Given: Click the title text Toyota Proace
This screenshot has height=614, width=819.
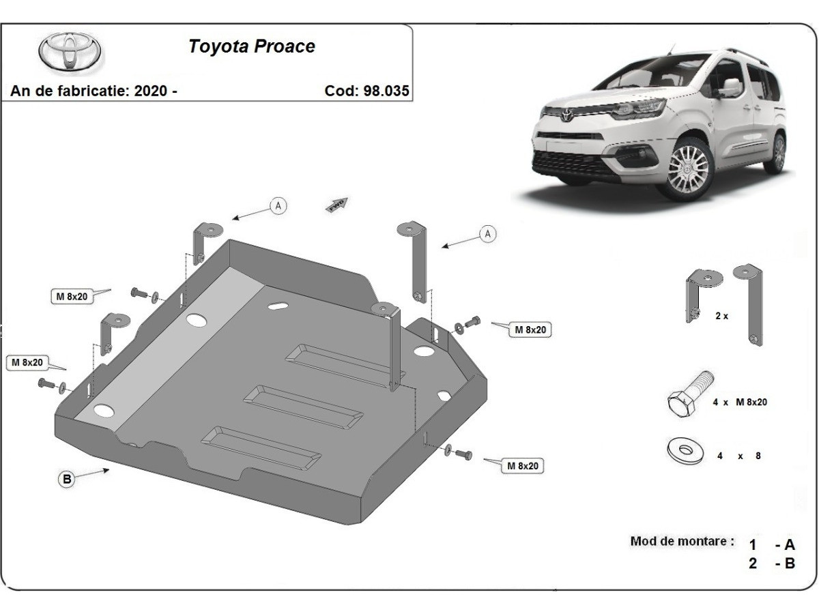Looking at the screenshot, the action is coord(251,46).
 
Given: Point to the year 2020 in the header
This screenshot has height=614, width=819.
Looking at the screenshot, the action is coord(150,91).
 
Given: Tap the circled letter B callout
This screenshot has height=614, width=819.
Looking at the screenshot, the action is coord(67,479).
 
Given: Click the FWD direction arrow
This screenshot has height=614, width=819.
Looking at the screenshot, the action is coord(336,205).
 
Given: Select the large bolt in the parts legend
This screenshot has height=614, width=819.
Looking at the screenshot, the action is coord(689,395).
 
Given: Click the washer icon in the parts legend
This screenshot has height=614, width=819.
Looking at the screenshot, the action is coord(685,451).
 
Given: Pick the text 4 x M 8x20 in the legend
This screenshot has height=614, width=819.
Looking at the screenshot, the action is coord(740,402).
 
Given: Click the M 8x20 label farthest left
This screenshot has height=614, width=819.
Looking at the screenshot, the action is coord(27,362).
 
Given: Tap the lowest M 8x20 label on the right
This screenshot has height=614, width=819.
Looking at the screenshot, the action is coord(523,466).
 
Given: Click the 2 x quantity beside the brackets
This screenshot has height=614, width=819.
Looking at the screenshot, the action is coord(721,316).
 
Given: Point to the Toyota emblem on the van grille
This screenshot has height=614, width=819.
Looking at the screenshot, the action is coord(566,114).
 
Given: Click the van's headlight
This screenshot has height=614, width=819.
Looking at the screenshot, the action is coord(638,109).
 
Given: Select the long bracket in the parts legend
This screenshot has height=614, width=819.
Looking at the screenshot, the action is coord(749,306).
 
